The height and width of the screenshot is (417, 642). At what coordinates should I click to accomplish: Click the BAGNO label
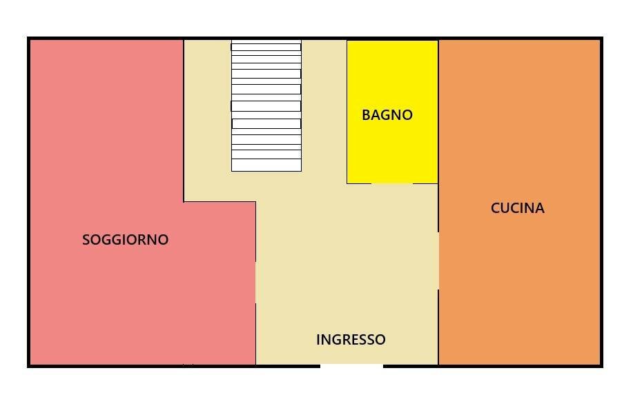pyautogui.click(x=387, y=115)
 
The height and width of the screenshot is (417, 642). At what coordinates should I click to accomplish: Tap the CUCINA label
pyautogui.click(x=517, y=208)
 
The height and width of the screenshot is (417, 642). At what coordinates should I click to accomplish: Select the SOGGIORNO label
pyautogui.click(x=125, y=240)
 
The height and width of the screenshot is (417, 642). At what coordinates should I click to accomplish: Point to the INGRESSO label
pyautogui.click(x=351, y=340)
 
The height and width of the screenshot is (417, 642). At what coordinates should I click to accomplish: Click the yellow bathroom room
pyautogui.click(x=392, y=148)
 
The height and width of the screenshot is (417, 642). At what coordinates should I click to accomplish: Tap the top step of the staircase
pyautogui.click(x=266, y=46)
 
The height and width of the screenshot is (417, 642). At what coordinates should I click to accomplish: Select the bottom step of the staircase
pyautogui.click(x=266, y=165)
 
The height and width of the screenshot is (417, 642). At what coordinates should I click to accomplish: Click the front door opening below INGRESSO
pyautogui.click(x=351, y=365)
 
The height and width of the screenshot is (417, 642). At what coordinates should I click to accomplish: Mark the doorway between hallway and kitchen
pyautogui.click(x=438, y=261)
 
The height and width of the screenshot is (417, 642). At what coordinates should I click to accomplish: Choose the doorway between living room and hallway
pyautogui.click(x=255, y=283)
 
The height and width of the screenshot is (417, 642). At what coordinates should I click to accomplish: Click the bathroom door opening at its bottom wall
pyautogui.click(x=392, y=183)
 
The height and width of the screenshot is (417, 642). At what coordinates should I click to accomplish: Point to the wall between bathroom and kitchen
pyautogui.click(x=438, y=110)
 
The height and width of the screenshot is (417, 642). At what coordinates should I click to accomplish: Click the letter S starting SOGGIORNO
pyautogui.click(x=86, y=240)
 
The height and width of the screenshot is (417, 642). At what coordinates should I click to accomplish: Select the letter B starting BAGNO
pyautogui.click(x=366, y=115)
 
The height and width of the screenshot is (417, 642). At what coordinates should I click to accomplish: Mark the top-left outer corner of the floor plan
pyautogui.click(x=29, y=39)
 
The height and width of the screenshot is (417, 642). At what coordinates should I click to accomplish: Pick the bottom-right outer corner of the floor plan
pyautogui.click(x=601, y=365)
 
